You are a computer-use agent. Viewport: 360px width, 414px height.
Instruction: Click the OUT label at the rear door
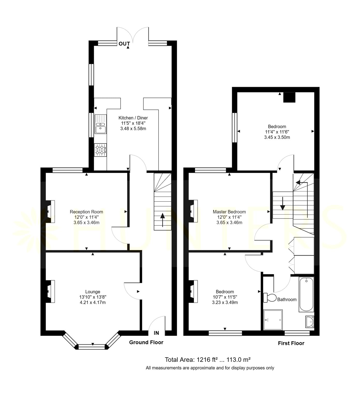[124, 44]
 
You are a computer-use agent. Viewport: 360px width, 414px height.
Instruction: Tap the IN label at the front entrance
[156, 333]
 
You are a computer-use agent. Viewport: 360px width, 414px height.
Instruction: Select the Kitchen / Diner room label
[133, 118]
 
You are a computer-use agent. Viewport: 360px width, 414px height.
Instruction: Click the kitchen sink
[101, 124]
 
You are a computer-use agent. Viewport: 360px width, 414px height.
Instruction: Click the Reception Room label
[86, 212]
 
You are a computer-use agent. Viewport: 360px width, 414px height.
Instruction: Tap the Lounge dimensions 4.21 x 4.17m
[93, 302]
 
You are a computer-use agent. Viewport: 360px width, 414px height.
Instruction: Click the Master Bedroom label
[229, 212]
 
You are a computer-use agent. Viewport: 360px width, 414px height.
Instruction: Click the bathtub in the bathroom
[306, 294]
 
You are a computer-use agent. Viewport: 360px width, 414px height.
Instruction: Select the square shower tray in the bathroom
[273, 320]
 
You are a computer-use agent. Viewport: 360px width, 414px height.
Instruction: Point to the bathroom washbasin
[310, 322]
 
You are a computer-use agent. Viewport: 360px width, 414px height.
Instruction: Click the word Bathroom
[287, 300]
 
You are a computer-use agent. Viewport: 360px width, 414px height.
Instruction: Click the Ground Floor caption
[146, 342]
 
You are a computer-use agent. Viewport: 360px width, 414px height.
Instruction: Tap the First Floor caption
[291, 343]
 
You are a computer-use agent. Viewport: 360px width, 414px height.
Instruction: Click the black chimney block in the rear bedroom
[289, 97]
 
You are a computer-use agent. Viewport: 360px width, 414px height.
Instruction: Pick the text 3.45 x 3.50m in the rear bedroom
[277, 137]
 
